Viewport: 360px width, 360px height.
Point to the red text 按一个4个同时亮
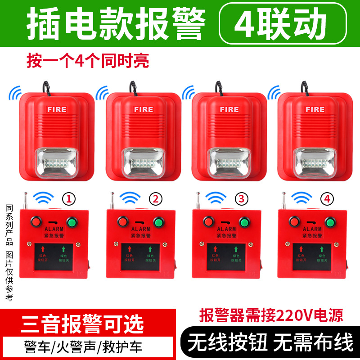[x=87, y=60]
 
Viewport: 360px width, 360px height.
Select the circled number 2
[x=155, y=198]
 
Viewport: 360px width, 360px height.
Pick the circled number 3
[x=241, y=198]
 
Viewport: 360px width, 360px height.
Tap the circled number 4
[x=327, y=198]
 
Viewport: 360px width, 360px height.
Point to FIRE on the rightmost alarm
[x=315, y=109]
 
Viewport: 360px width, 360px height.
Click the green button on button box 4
[x=329, y=222]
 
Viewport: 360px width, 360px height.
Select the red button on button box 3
[x=207, y=222]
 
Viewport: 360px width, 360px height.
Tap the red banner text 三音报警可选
[x=82, y=324]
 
